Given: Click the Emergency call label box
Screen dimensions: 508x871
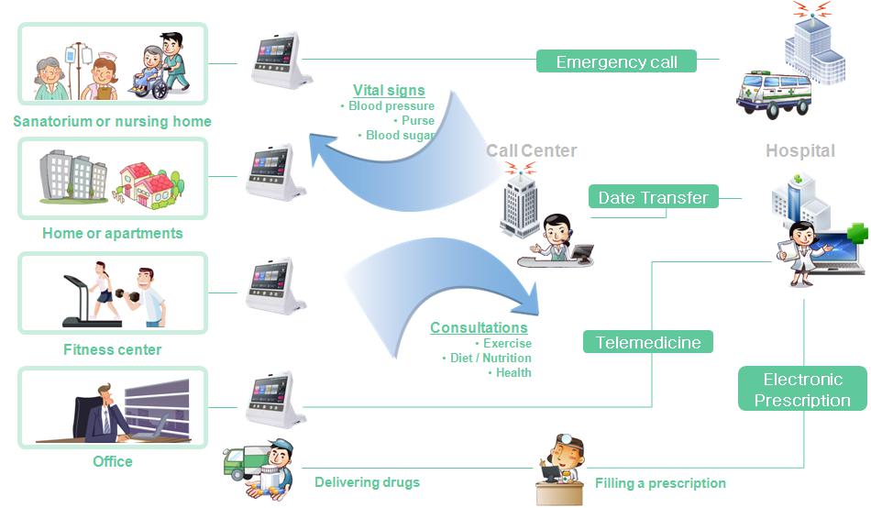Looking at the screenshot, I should (616, 62).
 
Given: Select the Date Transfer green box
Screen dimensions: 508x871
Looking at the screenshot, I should (653, 197).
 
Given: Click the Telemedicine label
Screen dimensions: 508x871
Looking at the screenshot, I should (648, 342).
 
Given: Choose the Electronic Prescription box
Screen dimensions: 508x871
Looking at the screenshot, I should (802, 390).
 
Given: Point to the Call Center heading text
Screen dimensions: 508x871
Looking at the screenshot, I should (531, 150).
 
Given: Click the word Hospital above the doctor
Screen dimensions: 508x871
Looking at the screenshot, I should (800, 150).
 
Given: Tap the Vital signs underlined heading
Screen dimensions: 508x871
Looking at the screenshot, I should (389, 90).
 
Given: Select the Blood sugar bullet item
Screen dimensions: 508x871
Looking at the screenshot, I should (399, 135).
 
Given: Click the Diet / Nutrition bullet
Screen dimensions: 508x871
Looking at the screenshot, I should (490, 358).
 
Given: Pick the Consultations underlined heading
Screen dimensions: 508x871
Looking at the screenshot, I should (479, 327).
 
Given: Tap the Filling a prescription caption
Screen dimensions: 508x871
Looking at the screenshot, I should (660, 483).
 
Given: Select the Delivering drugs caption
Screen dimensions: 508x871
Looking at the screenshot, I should (367, 482).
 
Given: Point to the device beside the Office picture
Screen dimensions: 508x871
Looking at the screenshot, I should (275, 400).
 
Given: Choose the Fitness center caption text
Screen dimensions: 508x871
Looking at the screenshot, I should (112, 349).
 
